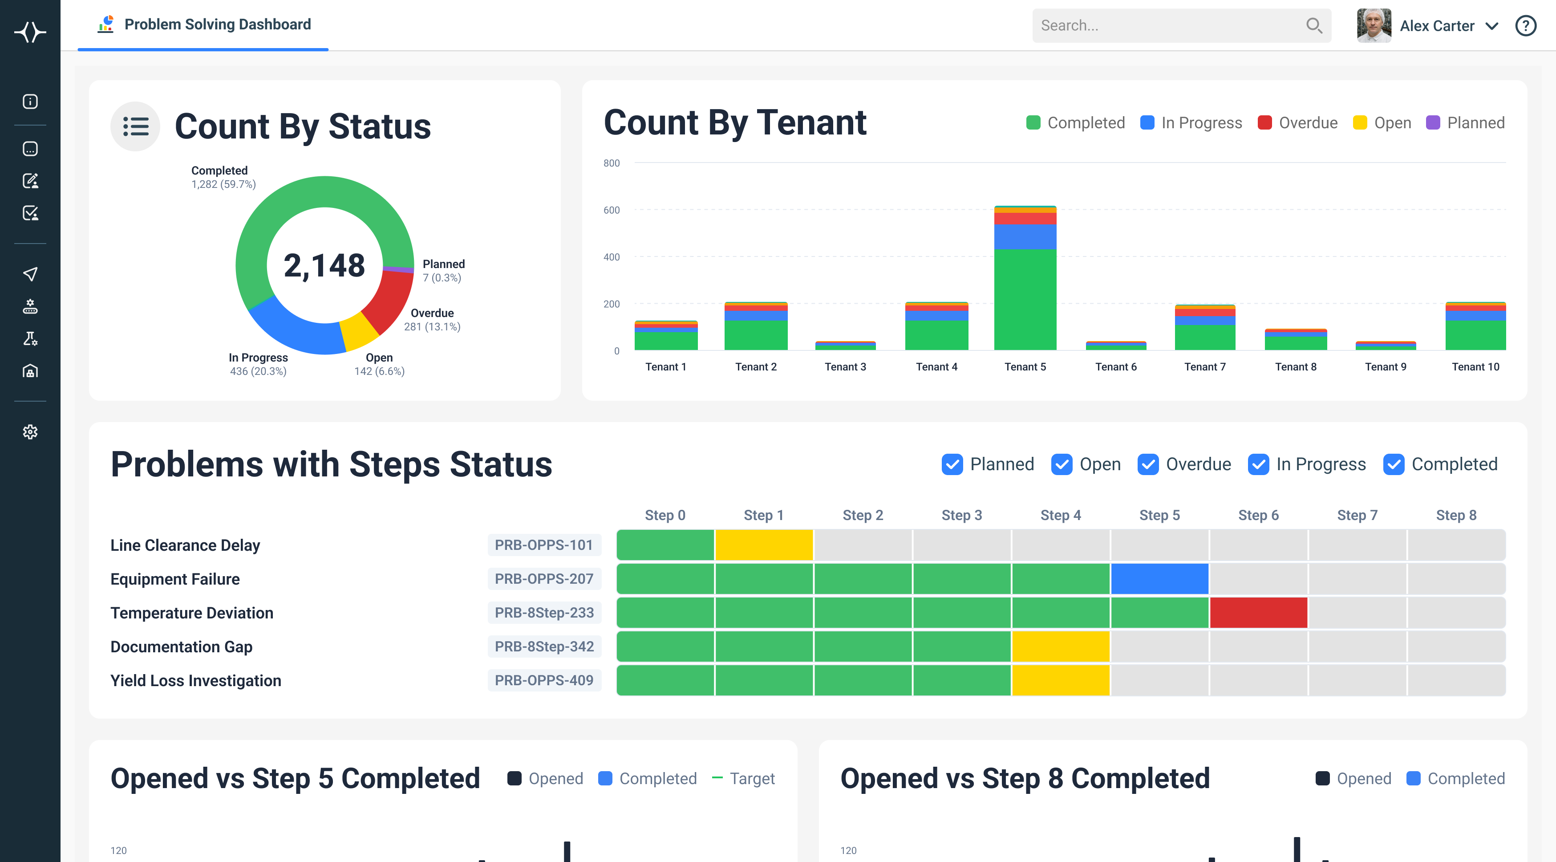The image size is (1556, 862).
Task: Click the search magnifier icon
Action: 1314,25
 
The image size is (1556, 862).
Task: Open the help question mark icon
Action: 1525,25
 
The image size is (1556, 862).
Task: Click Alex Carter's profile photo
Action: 1374,25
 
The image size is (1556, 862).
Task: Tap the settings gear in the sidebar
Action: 30,432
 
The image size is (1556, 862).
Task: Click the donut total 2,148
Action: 324,265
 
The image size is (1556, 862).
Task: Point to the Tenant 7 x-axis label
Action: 1205,367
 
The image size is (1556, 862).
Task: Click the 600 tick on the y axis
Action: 611,210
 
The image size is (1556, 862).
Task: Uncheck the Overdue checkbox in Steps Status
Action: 1148,464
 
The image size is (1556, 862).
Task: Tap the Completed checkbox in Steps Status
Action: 1394,464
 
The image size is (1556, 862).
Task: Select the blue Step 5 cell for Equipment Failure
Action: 1159,579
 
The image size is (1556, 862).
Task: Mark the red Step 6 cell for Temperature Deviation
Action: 1258,613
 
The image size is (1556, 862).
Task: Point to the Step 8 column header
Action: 1456,515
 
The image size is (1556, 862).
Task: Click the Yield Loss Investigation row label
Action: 196,681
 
